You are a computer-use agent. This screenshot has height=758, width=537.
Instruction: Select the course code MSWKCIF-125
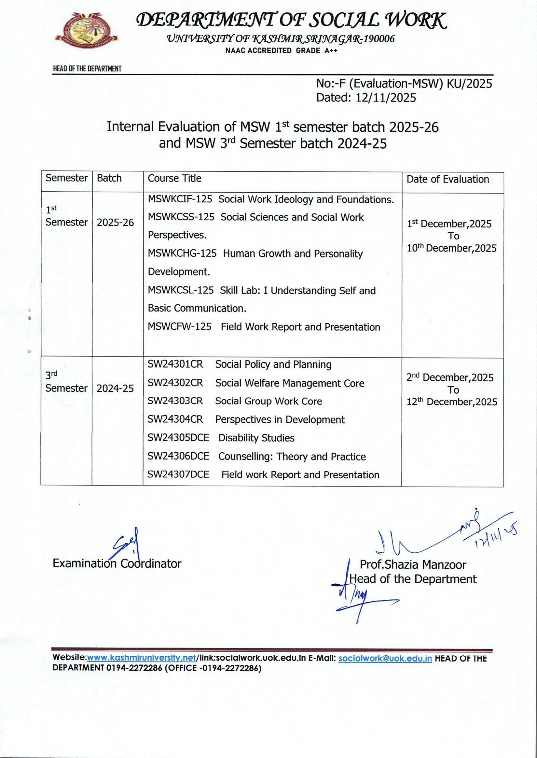(180, 199)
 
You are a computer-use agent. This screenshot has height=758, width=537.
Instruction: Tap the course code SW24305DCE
(178, 438)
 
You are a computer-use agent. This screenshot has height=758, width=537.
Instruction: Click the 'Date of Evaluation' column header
(447, 180)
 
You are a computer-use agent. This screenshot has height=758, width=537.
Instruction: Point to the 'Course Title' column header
(174, 178)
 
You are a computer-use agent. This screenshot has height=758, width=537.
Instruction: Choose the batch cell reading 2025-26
(115, 223)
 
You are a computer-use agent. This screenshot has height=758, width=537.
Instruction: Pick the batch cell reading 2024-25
(115, 388)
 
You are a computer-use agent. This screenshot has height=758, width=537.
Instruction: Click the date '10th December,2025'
(451, 248)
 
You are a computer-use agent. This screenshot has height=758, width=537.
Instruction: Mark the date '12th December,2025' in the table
(452, 402)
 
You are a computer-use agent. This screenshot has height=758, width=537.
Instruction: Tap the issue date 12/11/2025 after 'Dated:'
(386, 98)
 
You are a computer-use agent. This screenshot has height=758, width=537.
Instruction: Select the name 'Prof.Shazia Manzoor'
(413, 565)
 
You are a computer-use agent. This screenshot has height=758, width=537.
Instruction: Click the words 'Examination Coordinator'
(117, 563)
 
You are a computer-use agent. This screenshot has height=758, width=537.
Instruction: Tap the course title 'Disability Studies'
(256, 438)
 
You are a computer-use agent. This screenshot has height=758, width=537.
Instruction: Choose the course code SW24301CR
(175, 364)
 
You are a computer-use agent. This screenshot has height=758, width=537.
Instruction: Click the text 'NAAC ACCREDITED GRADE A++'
(281, 51)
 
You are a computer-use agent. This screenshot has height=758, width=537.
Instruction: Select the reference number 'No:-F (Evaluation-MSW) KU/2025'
(404, 83)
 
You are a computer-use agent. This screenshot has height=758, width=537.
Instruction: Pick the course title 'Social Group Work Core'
(268, 401)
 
